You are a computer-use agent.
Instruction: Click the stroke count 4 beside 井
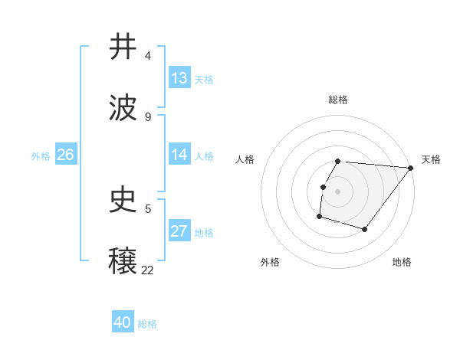click(148, 56)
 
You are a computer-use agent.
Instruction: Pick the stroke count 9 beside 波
click(148, 117)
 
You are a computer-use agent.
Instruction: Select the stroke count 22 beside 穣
click(148, 270)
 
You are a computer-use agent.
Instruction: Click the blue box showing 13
click(179, 78)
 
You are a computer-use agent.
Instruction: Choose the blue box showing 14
click(179, 155)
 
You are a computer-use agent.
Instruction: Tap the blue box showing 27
click(179, 231)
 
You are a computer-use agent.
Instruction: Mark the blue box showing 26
click(65, 155)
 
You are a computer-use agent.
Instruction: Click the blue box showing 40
click(123, 322)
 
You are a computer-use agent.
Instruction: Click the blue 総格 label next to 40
click(147, 324)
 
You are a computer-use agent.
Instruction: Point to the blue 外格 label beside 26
click(41, 156)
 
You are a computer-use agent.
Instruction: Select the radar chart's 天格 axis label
click(432, 159)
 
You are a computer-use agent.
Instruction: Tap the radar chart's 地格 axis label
click(402, 262)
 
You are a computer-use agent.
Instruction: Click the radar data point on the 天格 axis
click(410, 168)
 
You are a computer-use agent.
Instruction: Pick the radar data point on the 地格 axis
click(365, 229)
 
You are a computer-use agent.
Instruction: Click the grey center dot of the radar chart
click(338, 191)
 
